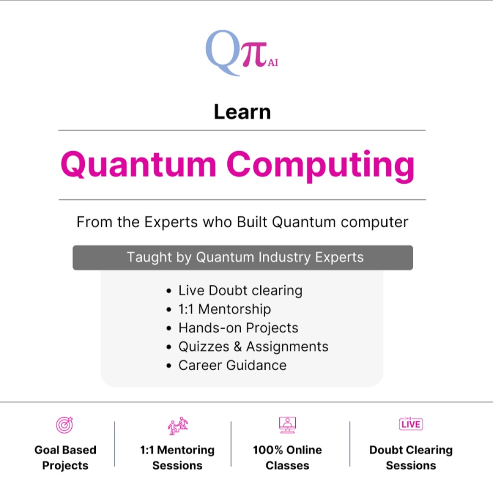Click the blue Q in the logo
pos(222,51)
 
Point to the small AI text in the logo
pos(273,63)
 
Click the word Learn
pos(242,112)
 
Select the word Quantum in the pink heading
pos(138,165)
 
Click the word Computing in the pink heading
pos(320,165)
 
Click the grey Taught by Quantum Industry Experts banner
pos(243,257)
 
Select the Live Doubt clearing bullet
pos(240,290)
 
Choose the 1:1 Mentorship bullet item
pos(224,309)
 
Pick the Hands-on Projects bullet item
pos(238,328)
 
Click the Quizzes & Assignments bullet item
pos(253,346)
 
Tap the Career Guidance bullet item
pos(232,365)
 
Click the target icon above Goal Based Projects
pos(64,424)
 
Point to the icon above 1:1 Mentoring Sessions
pos(178,425)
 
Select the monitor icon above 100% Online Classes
pos(288,424)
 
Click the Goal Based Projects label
pos(65,458)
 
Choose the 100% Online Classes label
pos(288,458)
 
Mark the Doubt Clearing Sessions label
pos(411,458)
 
